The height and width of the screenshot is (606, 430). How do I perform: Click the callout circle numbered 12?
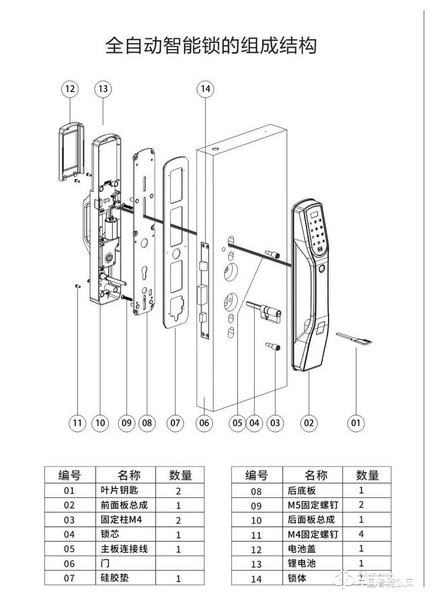coord(69,89)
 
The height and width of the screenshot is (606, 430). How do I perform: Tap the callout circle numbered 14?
coord(205,89)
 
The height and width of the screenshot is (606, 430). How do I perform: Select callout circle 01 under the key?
coord(356,423)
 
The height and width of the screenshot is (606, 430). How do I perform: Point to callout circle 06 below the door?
coord(204,424)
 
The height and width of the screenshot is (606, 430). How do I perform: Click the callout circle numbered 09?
coord(126,424)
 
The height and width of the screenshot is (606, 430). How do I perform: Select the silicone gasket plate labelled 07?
coord(174,243)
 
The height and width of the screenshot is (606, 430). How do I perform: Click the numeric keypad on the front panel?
coord(317,231)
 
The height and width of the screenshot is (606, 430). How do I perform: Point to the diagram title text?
coord(211,46)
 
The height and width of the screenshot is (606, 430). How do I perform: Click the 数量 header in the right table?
coord(368,475)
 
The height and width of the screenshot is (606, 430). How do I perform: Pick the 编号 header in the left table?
coord(69,475)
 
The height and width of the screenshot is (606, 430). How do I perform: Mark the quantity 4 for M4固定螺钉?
coord(361,534)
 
